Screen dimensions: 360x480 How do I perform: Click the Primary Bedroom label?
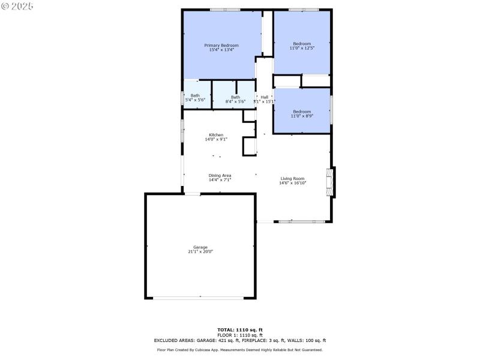pyautogui.click(x=221, y=46)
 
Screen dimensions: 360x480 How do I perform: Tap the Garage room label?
pyautogui.click(x=200, y=247)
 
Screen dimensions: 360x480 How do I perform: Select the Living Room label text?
pyautogui.click(x=293, y=178)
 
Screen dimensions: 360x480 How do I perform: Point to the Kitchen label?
pyautogui.click(x=216, y=135)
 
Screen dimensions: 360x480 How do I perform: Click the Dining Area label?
pyautogui.click(x=220, y=175)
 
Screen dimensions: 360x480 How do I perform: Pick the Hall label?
pyautogui.click(x=265, y=97)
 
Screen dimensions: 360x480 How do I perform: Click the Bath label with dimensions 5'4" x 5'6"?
pyautogui.click(x=196, y=95)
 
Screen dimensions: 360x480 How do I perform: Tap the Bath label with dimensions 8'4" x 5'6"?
pyautogui.click(x=236, y=97)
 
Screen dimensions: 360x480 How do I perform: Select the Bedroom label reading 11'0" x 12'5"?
pyautogui.click(x=302, y=43)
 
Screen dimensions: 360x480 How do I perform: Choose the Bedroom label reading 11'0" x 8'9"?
pyautogui.click(x=302, y=112)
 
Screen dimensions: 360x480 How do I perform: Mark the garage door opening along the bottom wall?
pyautogui.click(x=200, y=298)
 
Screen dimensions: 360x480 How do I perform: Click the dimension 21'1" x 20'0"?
pyautogui.click(x=200, y=252)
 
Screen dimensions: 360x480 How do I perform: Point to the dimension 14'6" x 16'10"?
pyautogui.click(x=293, y=183)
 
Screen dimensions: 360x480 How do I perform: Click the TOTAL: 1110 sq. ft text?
pyautogui.click(x=240, y=329)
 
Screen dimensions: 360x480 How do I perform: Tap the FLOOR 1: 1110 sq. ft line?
pyautogui.click(x=240, y=335)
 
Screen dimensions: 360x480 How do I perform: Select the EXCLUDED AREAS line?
pyautogui.click(x=240, y=340)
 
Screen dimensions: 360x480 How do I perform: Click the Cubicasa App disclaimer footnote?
pyautogui.click(x=240, y=349)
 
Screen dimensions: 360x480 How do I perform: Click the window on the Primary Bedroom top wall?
pyautogui.click(x=225, y=10)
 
